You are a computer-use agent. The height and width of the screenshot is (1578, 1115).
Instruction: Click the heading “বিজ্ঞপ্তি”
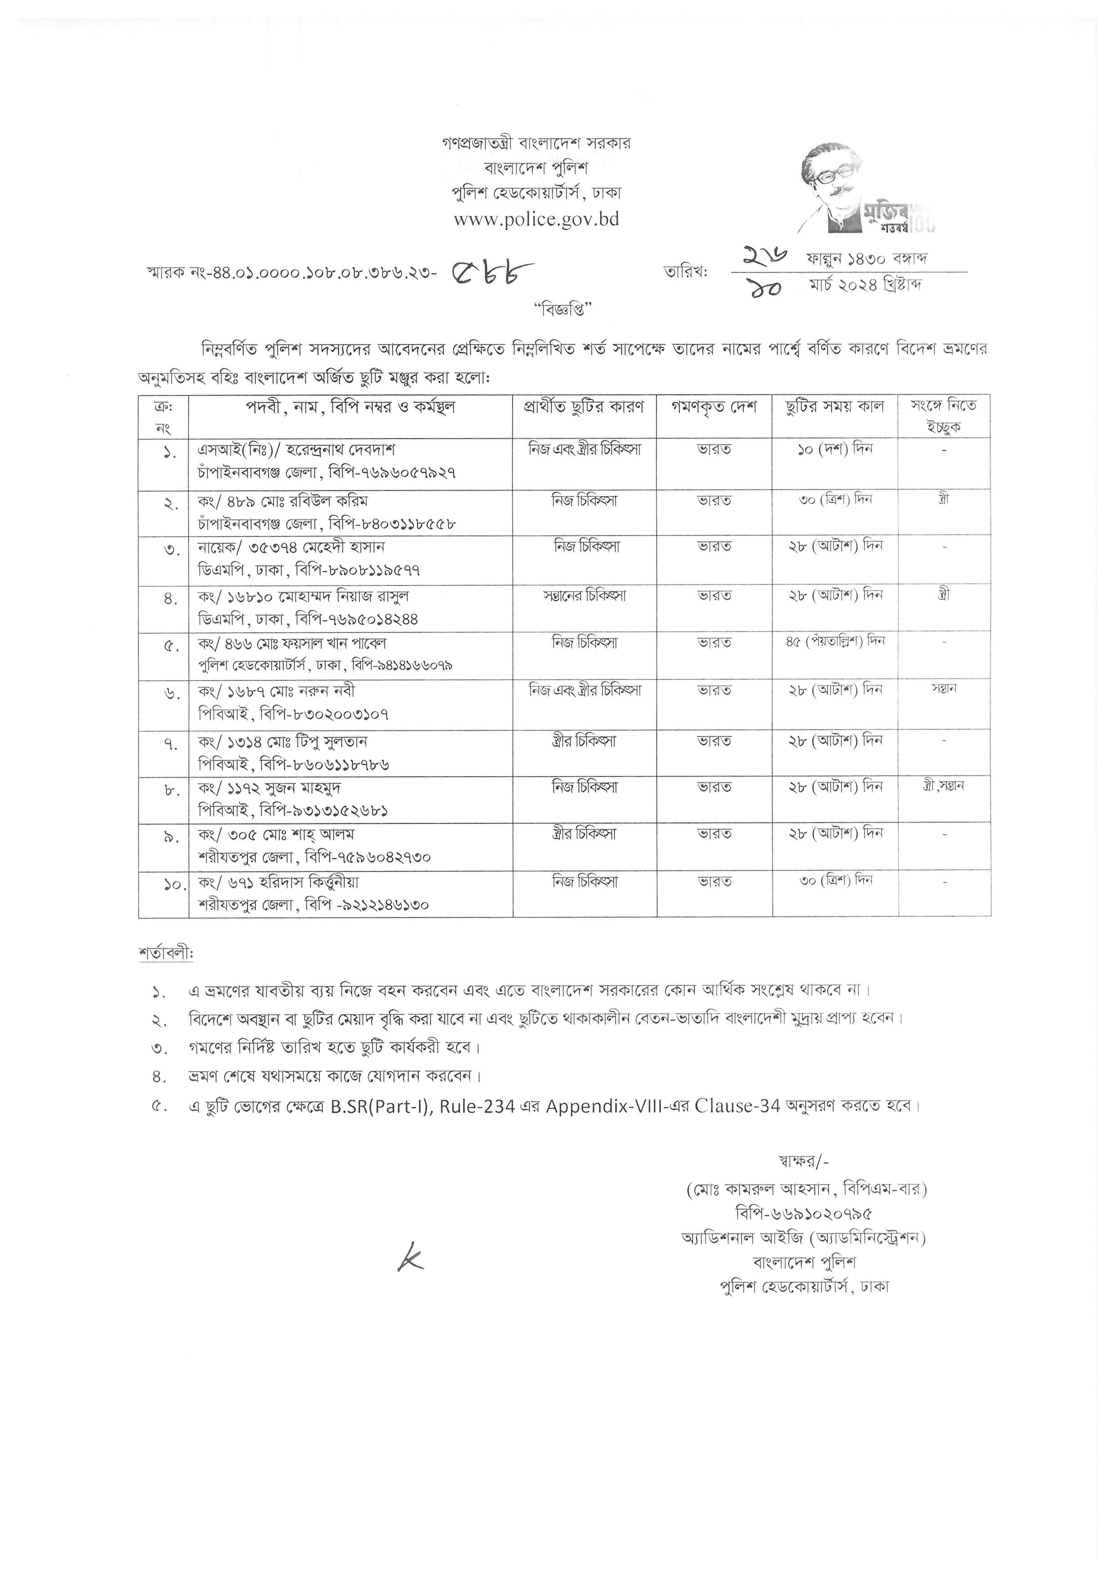click(562, 310)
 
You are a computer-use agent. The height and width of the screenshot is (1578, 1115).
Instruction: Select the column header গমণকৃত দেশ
click(714, 407)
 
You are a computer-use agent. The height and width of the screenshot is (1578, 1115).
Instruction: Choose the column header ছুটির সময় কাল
click(835, 407)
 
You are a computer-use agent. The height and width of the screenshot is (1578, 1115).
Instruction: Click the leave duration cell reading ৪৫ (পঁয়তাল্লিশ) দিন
click(835, 642)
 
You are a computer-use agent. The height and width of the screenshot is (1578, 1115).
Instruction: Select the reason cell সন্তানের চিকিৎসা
click(584, 595)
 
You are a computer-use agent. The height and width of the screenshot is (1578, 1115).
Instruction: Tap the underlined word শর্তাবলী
click(165, 954)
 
